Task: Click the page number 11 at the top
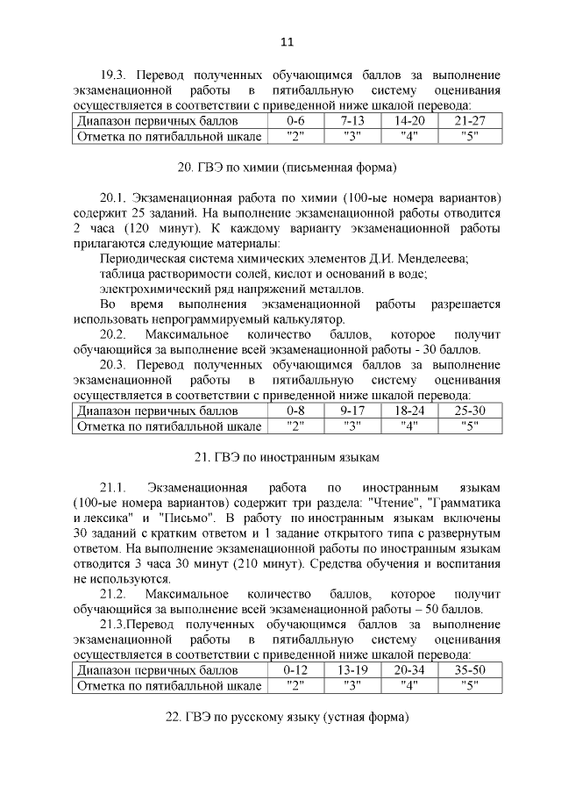click(287, 40)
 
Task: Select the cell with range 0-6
click(295, 120)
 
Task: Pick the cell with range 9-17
click(352, 410)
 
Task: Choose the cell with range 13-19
click(352, 669)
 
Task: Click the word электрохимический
click(154, 289)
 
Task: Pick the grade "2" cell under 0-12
click(295, 685)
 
